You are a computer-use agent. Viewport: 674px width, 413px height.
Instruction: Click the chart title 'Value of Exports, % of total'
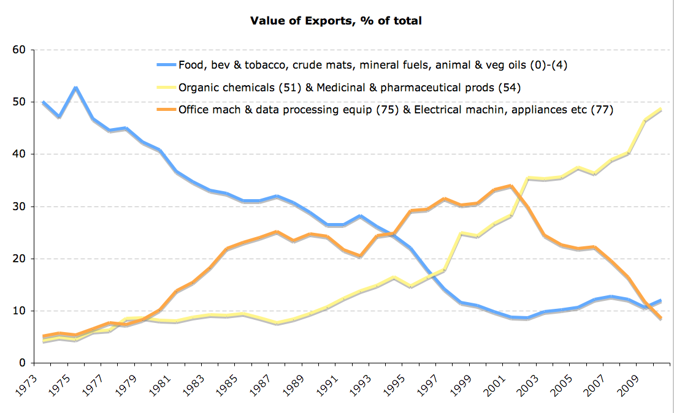(335, 21)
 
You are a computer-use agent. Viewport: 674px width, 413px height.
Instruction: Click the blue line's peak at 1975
(75, 88)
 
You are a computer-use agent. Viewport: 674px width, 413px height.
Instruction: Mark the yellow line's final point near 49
(660, 109)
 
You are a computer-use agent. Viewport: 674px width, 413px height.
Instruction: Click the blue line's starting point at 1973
(42, 102)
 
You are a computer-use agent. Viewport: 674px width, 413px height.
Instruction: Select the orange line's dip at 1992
(360, 256)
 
